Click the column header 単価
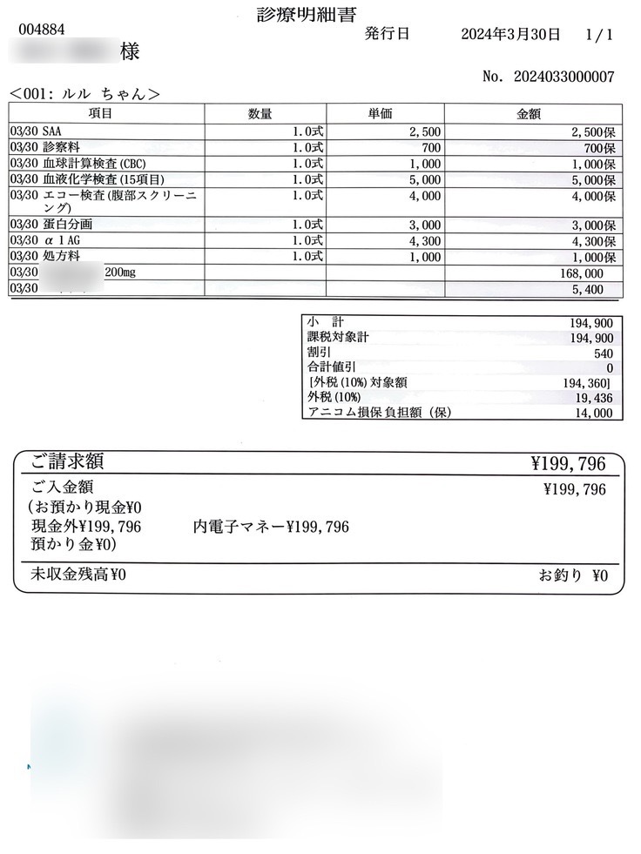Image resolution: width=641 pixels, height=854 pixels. tap(384, 114)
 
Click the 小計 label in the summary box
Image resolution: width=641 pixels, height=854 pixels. tap(326, 322)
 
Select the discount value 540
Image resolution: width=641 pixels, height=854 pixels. tap(601, 353)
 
